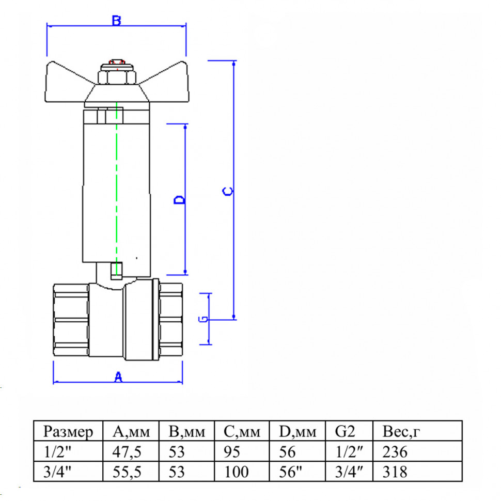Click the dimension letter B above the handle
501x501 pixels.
pos(117,21)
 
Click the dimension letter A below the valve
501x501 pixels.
pos(118,377)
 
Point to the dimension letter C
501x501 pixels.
pos(227,192)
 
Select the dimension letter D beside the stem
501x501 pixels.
pos(179,200)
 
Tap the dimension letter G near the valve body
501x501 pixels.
pos(203,319)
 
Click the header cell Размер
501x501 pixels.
pos(68,432)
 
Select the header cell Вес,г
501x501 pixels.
pos(401,432)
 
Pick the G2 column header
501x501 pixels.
pos(345,431)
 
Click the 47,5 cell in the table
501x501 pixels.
pos(127,452)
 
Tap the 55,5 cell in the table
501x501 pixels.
pos(127,472)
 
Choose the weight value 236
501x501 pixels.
pos(395,452)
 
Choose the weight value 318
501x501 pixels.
pos(395,472)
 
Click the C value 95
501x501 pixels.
pos(232,452)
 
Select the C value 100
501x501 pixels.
pos(237,472)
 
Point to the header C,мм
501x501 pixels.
pos(242,432)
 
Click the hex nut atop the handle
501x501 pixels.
pos(117,77)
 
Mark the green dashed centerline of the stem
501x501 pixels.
pos(117,189)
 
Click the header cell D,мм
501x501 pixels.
pos(298,432)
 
